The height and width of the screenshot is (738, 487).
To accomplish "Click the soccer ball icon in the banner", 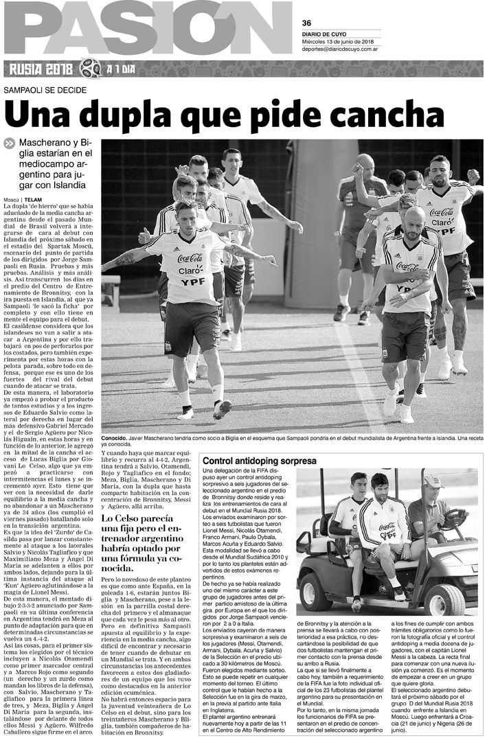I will tap(89, 69).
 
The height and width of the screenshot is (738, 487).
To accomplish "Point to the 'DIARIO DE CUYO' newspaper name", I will tap(324, 34).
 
